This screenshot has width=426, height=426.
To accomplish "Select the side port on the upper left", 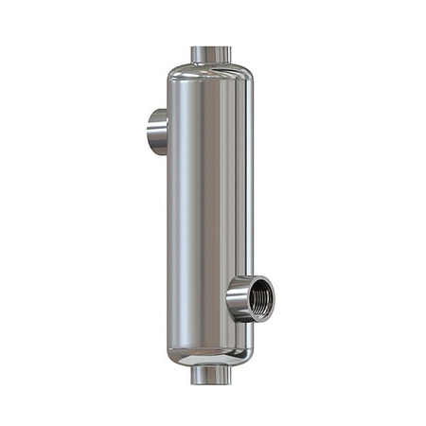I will pos(158,132).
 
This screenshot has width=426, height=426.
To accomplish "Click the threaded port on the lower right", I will pos(248,298).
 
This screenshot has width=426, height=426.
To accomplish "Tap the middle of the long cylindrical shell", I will pos(209,213).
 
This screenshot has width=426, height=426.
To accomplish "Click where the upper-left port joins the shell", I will pos(168,132).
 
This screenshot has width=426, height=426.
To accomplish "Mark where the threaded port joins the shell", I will pos(232,300).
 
